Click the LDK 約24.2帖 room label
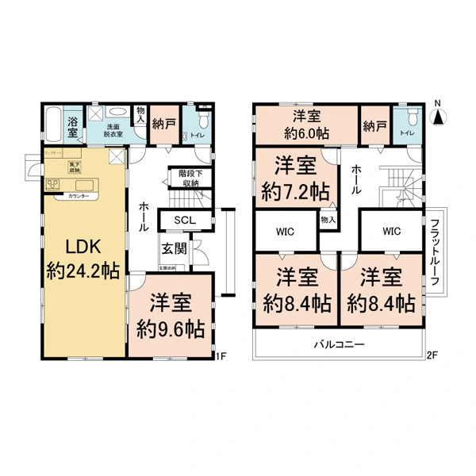(83, 259)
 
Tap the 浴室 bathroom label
(72, 127)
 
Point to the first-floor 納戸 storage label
(164, 125)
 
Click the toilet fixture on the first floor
(202, 121)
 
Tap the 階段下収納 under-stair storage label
(189, 178)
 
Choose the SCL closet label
(185, 220)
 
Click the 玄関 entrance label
(175, 248)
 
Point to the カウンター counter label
(77, 195)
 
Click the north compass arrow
(437, 117)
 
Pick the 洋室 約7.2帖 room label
(296, 178)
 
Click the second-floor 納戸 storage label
(374, 125)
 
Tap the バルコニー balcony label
(337, 345)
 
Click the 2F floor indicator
(433, 355)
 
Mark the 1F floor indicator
(224, 355)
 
